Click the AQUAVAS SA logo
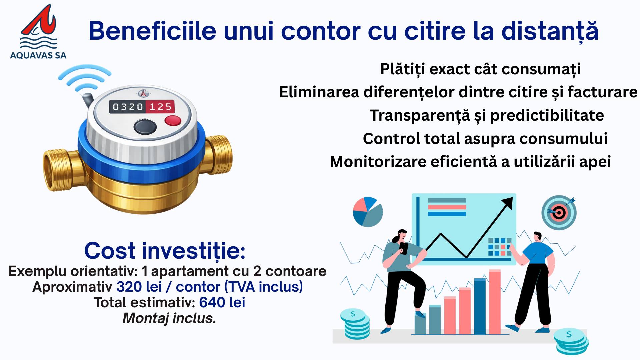pyautogui.click(x=38, y=32)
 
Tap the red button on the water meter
pyautogui.click(x=173, y=120)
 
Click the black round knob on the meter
pyautogui.click(x=145, y=127)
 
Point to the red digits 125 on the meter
pyautogui.click(x=160, y=107)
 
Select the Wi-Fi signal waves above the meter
pyautogui.click(x=85, y=79)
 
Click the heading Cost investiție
pyautogui.click(x=165, y=251)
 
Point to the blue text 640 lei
pyautogui.click(x=222, y=303)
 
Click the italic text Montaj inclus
pyautogui.click(x=169, y=318)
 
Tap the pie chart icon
pyautogui.click(x=368, y=212)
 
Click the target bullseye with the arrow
pyautogui.click(x=559, y=212)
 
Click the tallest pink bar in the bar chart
pyautogui.click(x=495, y=302)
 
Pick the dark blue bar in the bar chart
pyautogui.click(x=480, y=306)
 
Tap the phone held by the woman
pyautogui.click(x=404, y=248)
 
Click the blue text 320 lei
pyautogui.click(x=139, y=287)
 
